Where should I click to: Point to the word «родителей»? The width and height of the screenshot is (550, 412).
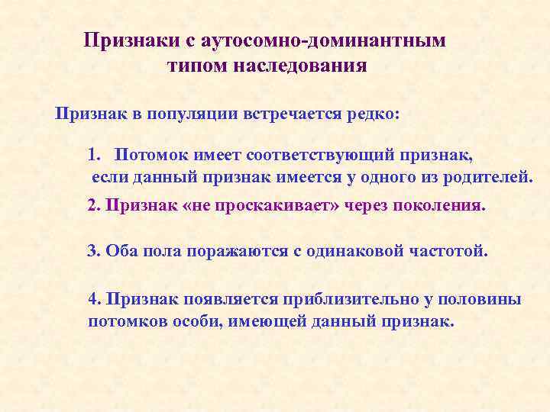(488, 178)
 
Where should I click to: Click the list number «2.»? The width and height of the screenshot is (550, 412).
(94, 206)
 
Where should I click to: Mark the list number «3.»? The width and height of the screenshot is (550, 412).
(94, 251)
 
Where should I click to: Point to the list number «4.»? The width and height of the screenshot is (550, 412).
(95, 299)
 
